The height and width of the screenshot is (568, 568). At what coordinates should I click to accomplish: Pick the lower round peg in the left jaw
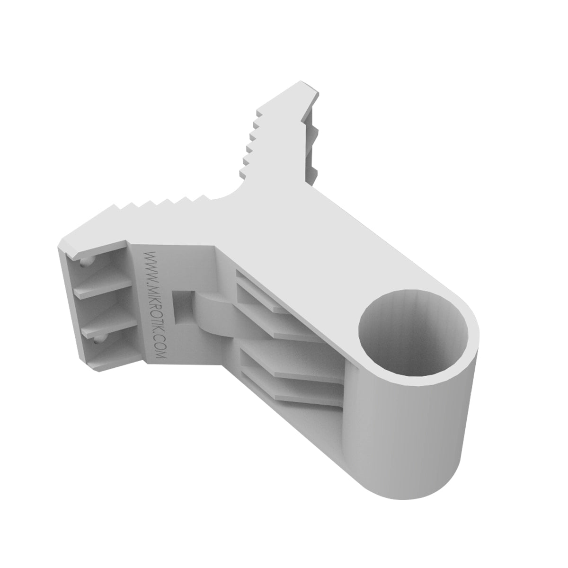point(98,337)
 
